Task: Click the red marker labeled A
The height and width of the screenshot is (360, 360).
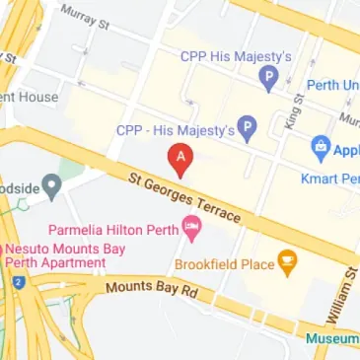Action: (x=180, y=157)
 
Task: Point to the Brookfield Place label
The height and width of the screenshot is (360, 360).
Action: (x=223, y=263)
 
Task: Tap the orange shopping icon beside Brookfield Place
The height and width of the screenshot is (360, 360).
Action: (x=287, y=262)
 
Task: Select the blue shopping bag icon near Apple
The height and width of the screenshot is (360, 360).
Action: (x=320, y=148)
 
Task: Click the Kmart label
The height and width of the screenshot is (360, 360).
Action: (x=327, y=180)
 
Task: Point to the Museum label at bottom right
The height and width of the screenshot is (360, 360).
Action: (x=332, y=338)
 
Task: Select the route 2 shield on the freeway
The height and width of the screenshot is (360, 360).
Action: (x=16, y=283)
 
